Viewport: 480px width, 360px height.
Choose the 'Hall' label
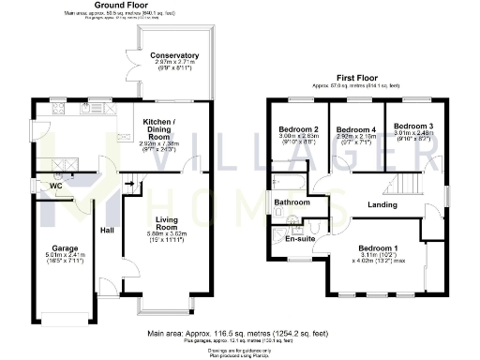coord(106,231)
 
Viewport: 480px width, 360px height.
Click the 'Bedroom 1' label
coord(379,248)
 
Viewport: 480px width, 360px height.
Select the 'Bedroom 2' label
coord(297,128)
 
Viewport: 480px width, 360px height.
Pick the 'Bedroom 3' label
coord(412,126)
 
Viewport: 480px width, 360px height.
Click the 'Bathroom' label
coord(291,202)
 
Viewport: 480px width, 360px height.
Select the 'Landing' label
coord(381,205)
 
